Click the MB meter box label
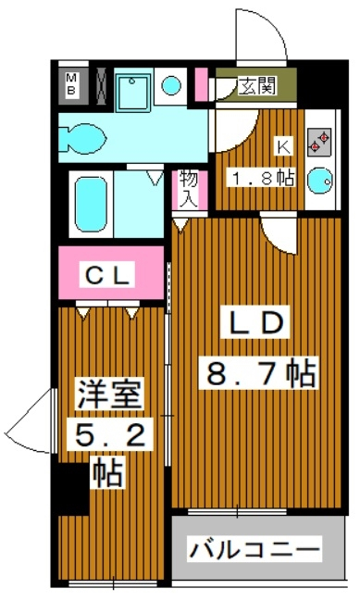tap(71, 85)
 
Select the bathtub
tap(91, 204)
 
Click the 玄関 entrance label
tap(257, 86)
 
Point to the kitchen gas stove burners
tap(319, 143)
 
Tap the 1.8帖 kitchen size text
tap(261, 178)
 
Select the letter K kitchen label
tap(284, 147)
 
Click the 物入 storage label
tap(189, 189)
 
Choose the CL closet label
tap(107, 274)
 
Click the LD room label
tap(255, 321)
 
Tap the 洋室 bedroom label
tap(109, 394)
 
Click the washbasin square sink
tap(133, 93)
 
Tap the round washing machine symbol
tap(171, 85)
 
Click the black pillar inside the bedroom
tap(73, 488)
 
